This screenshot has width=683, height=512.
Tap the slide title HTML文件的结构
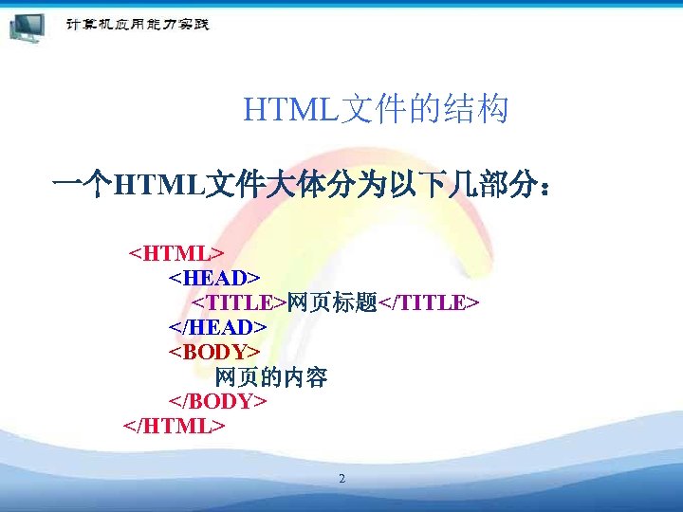coord(376,111)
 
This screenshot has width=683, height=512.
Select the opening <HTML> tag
coord(176,254)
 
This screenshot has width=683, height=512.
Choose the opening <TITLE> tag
coord(239,303)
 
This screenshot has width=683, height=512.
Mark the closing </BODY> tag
coord(217,401)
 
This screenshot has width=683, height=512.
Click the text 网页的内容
coord(271,377)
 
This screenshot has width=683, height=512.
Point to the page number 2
coord(341,479)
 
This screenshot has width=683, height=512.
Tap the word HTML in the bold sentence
coord(157,182)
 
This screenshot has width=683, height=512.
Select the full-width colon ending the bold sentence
coord(544,183)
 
